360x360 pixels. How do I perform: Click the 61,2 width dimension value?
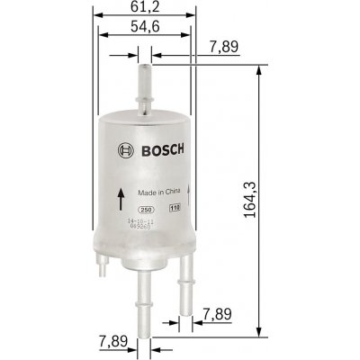[144, 8]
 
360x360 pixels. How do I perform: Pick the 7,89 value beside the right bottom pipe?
[222, 313]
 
